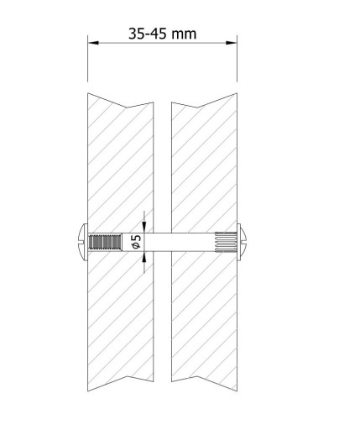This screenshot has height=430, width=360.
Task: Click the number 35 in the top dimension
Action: coord(137,34)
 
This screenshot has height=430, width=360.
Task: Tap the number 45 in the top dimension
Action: coord(158,34)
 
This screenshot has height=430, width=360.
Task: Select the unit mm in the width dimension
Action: coord(184,34)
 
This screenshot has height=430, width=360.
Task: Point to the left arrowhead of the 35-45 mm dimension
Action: coord(93,43)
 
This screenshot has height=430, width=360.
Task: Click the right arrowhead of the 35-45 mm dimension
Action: coord(232,43)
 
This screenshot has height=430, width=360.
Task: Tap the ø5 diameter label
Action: coord(137,242)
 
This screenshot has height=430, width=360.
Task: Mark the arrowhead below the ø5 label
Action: coord(144,257)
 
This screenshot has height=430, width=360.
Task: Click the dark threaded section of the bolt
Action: coord(105,242)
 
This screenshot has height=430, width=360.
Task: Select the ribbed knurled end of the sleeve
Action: coord(226,241)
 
